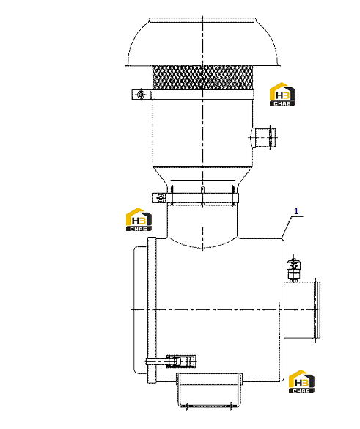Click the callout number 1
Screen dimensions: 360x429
(296, 211)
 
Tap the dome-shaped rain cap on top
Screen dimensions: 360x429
(202, 43)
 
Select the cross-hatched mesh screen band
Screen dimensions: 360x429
(202, 78)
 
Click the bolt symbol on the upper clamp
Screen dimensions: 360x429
(141, 95)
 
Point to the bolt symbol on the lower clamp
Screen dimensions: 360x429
(161, 197)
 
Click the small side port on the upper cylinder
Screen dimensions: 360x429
(263, 138)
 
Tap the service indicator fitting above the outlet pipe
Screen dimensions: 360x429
(293, 269)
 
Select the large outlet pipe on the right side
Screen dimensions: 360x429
(302, 310)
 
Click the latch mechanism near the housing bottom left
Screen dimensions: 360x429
(171, 361)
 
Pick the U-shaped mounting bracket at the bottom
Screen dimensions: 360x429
(209, 390)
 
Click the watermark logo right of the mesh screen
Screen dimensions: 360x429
(282, 94)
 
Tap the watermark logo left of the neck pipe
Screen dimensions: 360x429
(139, 219)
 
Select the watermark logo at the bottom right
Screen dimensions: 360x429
(301, 381)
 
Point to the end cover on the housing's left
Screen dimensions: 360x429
(140, 310)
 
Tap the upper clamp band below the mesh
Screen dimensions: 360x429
(193, 95)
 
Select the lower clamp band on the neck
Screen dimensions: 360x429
(195, 198)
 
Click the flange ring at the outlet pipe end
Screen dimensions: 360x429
(317, 310)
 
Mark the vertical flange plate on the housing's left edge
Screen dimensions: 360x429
(152, 310)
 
